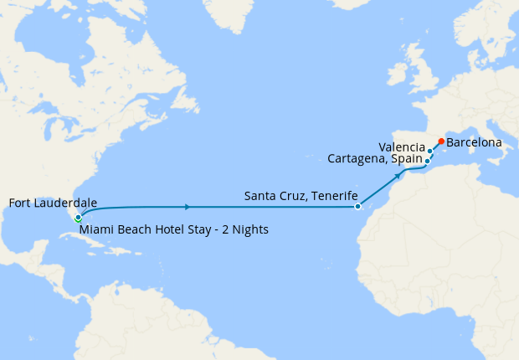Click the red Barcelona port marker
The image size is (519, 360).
441,141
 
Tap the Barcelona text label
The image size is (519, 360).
474,142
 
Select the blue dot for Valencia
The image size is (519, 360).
430,152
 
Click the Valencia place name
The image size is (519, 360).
402,147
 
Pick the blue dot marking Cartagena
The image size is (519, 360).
427,161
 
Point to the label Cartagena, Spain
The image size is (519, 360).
375,158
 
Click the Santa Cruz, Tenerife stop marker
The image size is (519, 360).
357,206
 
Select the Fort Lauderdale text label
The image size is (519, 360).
53,203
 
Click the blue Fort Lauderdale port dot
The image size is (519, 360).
78,217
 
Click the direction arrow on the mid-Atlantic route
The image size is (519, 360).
187,206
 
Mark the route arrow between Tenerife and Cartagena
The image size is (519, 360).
397,177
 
